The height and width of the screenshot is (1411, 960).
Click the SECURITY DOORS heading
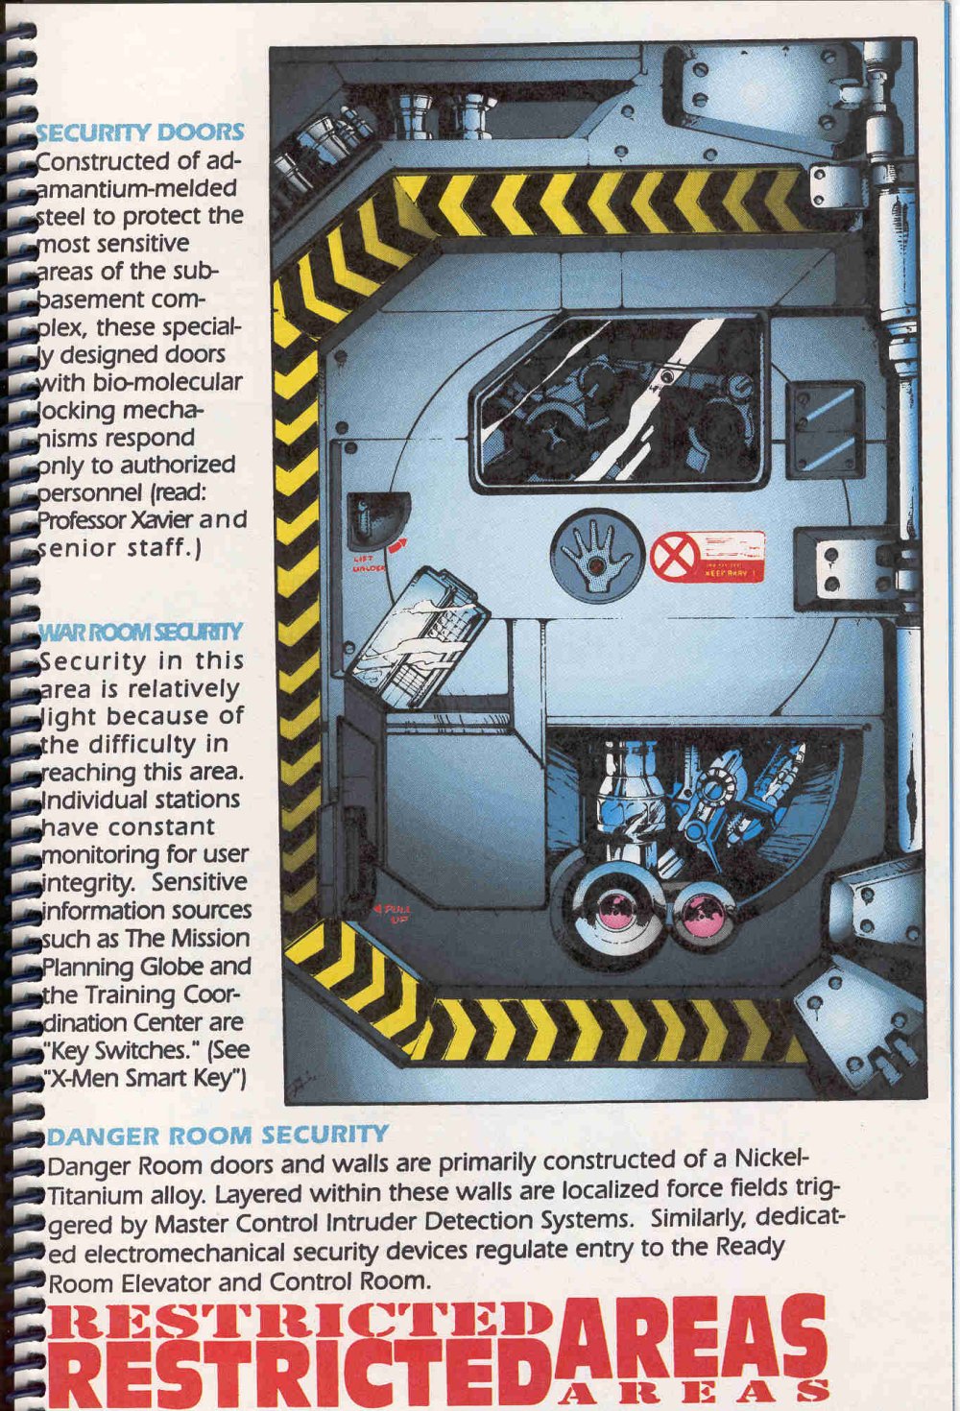pos(140,132)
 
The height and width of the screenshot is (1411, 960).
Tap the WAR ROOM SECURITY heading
pos(140,632)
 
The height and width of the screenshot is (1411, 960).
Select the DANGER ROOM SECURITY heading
pos(217,1136)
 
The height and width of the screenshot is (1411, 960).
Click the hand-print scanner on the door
pos(597,558)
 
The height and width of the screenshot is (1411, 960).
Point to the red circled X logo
pos(672,557)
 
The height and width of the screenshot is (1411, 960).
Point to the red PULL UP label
pos(395,913)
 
